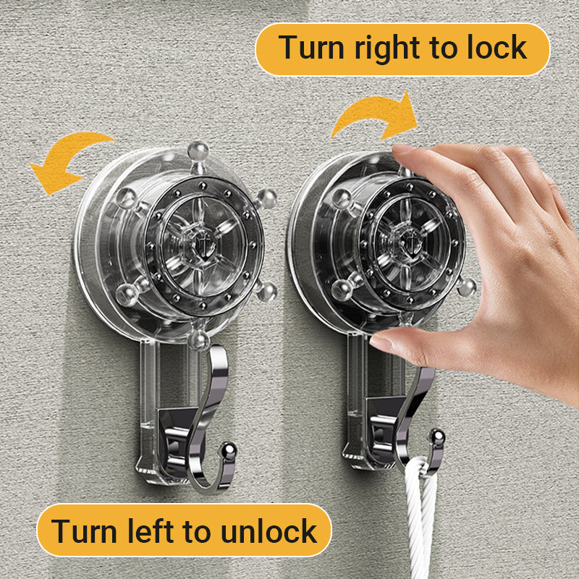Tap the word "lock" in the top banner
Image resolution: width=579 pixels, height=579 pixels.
[496, 47]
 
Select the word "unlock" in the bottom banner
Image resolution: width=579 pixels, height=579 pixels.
[269, 531]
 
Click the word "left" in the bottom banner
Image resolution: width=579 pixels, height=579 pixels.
[151, 531]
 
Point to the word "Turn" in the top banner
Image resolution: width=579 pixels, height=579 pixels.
[311, 47]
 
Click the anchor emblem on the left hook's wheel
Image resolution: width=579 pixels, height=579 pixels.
[203, 245]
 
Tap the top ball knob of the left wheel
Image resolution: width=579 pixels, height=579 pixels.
[198, 151]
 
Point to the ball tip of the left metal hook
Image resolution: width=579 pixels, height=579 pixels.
[229, 449]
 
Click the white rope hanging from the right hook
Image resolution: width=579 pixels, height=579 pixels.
[420, 517]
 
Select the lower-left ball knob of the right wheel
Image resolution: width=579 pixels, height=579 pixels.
[342, 289]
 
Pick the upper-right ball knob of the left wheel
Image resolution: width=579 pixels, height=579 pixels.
[266, 198]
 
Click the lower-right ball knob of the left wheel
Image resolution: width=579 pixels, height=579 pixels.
[266, 292]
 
